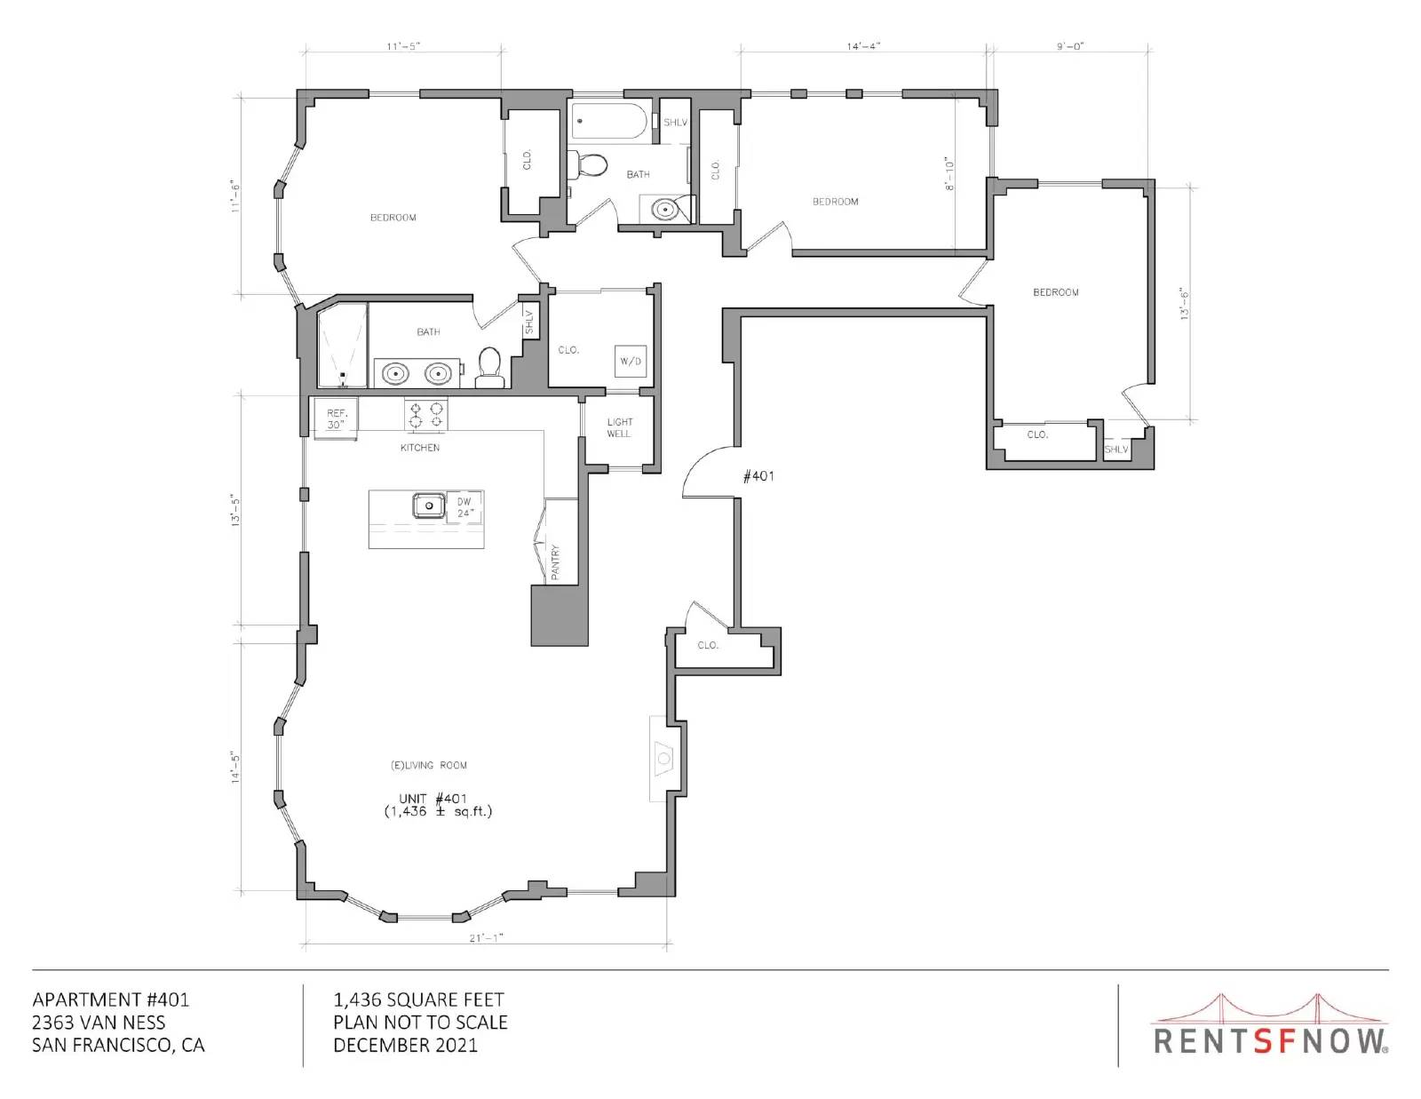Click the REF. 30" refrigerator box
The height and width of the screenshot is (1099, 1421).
336,418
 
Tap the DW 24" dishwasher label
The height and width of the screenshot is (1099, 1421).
464,507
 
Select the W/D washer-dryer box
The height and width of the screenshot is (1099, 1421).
631,361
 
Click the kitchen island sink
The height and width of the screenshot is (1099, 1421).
429,506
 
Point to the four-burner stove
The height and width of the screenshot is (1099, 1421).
425,416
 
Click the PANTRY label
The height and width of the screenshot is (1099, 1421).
555,561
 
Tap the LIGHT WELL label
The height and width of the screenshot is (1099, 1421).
619,428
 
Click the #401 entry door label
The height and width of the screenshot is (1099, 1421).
758,476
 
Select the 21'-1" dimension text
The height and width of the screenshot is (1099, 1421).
486,938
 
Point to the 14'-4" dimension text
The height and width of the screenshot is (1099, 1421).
863,46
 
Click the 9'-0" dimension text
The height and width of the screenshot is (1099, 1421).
1070,46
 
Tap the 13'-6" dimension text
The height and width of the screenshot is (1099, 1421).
1184,304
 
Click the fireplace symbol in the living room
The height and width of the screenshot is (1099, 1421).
663,758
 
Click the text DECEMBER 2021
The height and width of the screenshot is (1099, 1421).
406,1046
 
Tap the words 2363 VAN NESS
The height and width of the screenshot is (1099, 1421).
99,1023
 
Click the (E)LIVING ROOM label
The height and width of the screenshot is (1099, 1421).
428,765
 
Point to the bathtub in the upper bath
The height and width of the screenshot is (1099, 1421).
609,121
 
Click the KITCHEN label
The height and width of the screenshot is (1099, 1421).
420,448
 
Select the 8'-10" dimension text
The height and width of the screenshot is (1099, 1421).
950,173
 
